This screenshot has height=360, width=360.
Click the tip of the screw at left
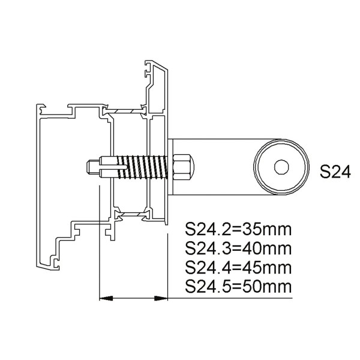90,167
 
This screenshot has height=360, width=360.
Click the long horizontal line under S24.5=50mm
228,298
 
